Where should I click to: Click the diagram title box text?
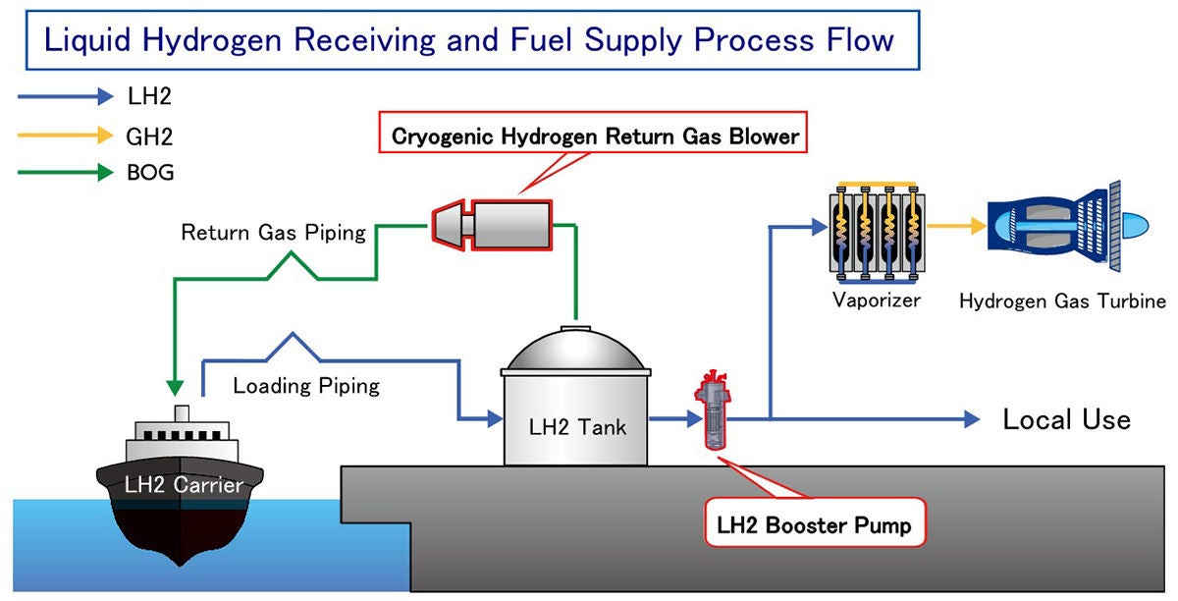coord(469,39)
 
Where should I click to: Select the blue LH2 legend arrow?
coord(65,96)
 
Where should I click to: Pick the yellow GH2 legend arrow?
coord(65,135)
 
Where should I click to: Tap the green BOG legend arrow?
coord(65,173)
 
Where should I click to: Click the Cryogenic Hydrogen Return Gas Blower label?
coord(596,137)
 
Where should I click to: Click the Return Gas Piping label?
coord(274,233)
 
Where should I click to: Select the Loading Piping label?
coord(306,385)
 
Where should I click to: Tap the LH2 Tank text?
coord(576,427)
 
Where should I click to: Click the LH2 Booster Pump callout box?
coord(814,525)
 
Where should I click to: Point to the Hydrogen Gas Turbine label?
coord(1062,300)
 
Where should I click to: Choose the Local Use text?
coord(1066,419)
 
